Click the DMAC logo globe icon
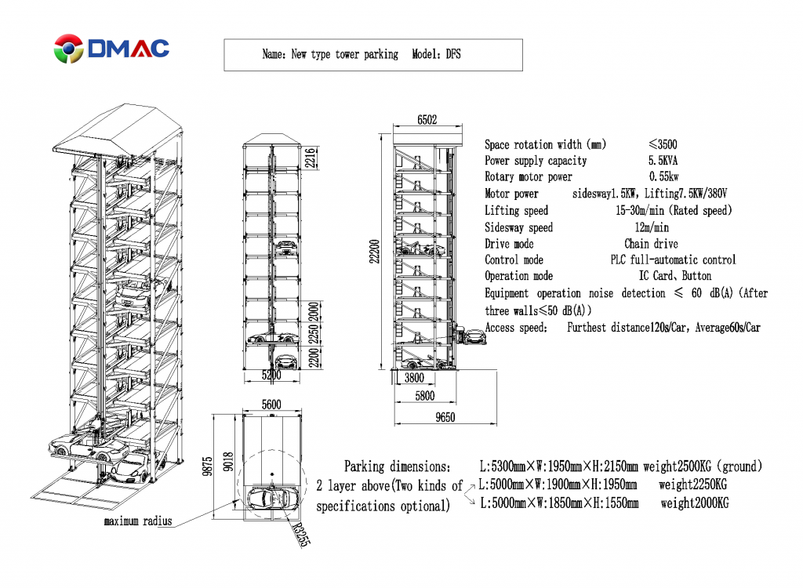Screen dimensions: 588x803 68,49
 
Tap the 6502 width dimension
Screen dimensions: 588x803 427,120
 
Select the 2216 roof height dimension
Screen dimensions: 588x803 310,158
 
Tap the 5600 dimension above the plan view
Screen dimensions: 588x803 271,405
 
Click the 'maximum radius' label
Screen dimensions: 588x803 138,521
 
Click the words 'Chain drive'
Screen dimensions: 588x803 651,244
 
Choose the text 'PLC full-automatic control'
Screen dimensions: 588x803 673,260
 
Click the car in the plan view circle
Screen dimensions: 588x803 270,497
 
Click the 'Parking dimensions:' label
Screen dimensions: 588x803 397,466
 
